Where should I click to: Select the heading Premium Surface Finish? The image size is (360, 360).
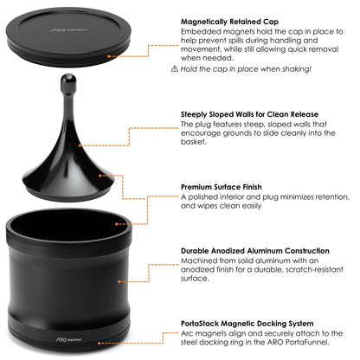224,186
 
